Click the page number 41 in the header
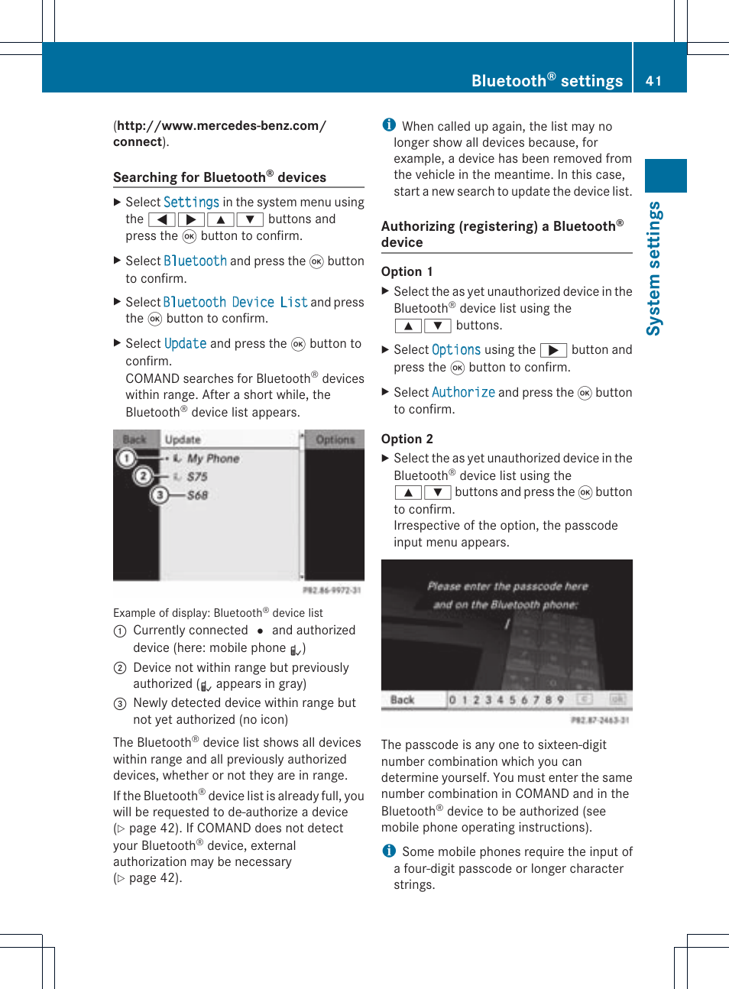(x=653, y=81)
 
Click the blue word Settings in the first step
(x=191, y=203)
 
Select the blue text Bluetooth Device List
(x=235, y=303)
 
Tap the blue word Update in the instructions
(x=186, y=344)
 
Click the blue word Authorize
(x=463, y=393)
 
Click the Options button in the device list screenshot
(x=335, y=440)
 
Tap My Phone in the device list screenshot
(x=213, y=459)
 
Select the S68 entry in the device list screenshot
(x=197, y=495)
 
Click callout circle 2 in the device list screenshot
(x=142, y=476)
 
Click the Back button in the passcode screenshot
(x=402, y=699)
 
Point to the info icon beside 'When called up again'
(x=389, y=125)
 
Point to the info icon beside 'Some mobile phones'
(x=389, y=851)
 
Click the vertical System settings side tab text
(x=654, y=268)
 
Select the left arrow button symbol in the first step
(x=162, y=220)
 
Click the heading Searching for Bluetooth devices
(x=219, y=177)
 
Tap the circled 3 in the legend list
(x=120, y=703)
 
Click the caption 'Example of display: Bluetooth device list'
(x=218, y=613)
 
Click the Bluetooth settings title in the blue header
(x=546, y=81)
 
